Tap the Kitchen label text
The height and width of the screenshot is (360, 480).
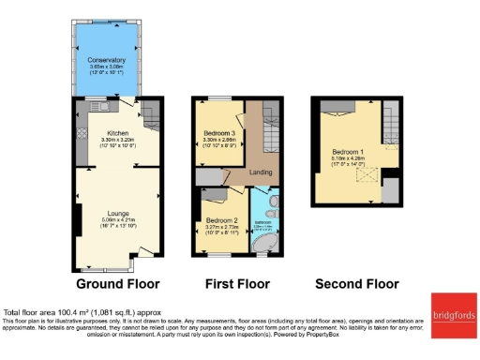pyautogui.click(x=118, y=133)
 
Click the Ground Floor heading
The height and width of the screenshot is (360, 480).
pyautogui.click(x=117, y=283)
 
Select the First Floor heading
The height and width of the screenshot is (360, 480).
pyautogui.click(x=236, y=283)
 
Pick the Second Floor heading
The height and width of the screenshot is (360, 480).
pyautogui.click(x=357, y=283)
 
